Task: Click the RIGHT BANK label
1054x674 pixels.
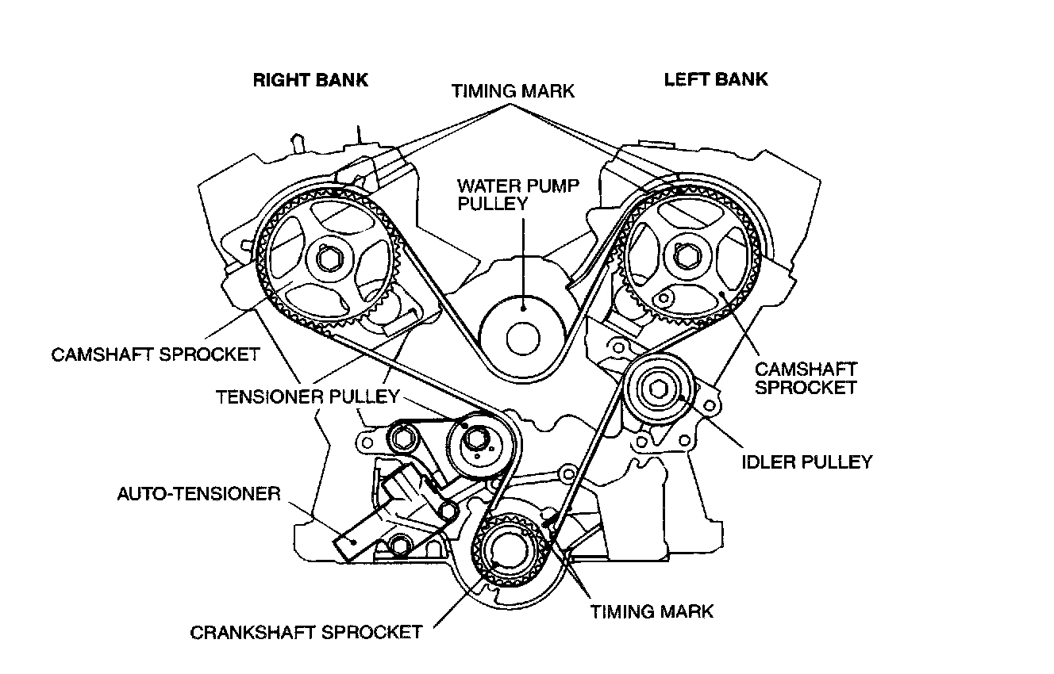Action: click(310, 80)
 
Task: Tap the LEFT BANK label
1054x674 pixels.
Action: click(716, 79)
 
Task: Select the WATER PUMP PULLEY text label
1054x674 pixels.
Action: click(518, 194)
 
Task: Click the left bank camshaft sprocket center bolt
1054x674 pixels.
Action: click(683, 256)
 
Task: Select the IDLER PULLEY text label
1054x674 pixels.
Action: click(807, 461)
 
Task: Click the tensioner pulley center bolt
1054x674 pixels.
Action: click(475, 439)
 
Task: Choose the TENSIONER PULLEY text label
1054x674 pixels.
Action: click(306, 396)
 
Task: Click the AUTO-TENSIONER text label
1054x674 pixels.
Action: click(199, 495)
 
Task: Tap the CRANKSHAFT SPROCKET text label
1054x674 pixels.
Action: click(306, 632)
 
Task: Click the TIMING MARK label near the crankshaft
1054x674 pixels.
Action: click(652, 611)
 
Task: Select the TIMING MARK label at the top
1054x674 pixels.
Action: click(513, 90)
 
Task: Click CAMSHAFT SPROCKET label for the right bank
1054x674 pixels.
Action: click(156, 354)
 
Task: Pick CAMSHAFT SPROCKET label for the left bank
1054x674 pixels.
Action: click(806, 377)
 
